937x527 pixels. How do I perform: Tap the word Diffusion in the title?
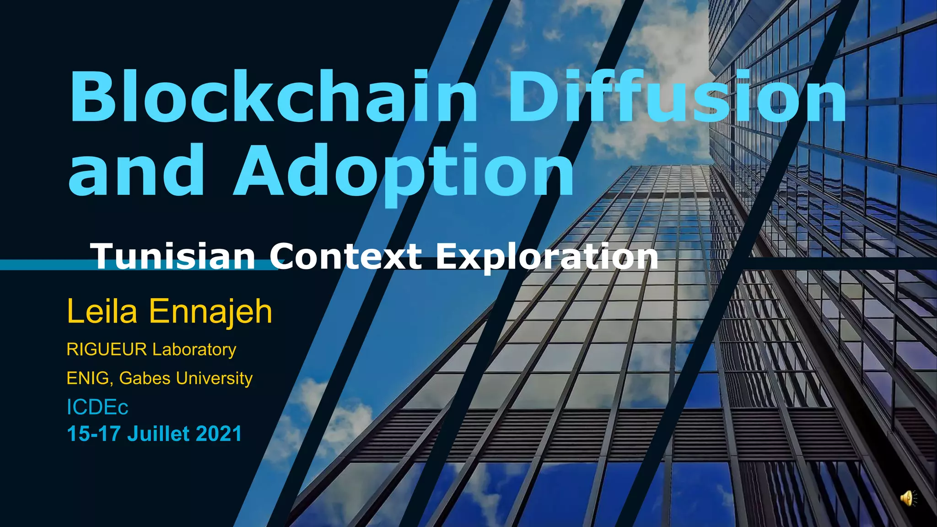(x=677, y=97)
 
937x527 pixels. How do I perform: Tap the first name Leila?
(x=102, y=312)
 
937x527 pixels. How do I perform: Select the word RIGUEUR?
(x=107, y=350)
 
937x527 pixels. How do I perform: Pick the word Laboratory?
(x=194, y=350)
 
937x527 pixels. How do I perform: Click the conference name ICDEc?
(x=97, y=407)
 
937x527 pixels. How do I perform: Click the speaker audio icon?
(x=908, y=498)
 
